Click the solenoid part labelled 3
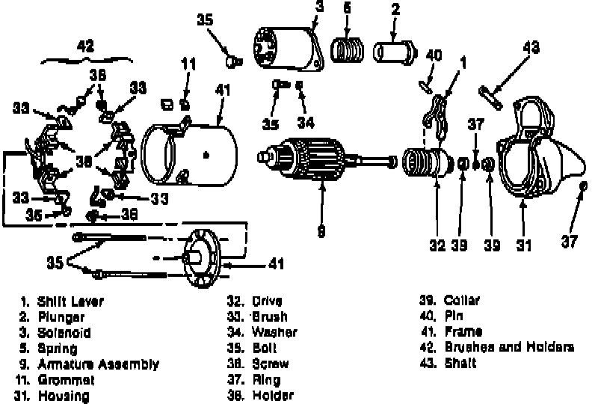(284, 48)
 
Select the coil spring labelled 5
(348, 53)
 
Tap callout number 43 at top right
(531, 46)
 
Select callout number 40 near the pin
(434, 54)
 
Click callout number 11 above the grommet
(188, 64)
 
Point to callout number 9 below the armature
(321, 232)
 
